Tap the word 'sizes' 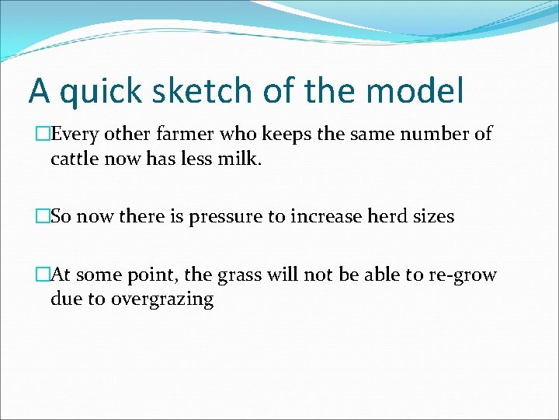coord(433,216)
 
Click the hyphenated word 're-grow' coord(463,275)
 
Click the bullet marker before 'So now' coord(43,216)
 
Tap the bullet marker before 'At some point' coord(43,275)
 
